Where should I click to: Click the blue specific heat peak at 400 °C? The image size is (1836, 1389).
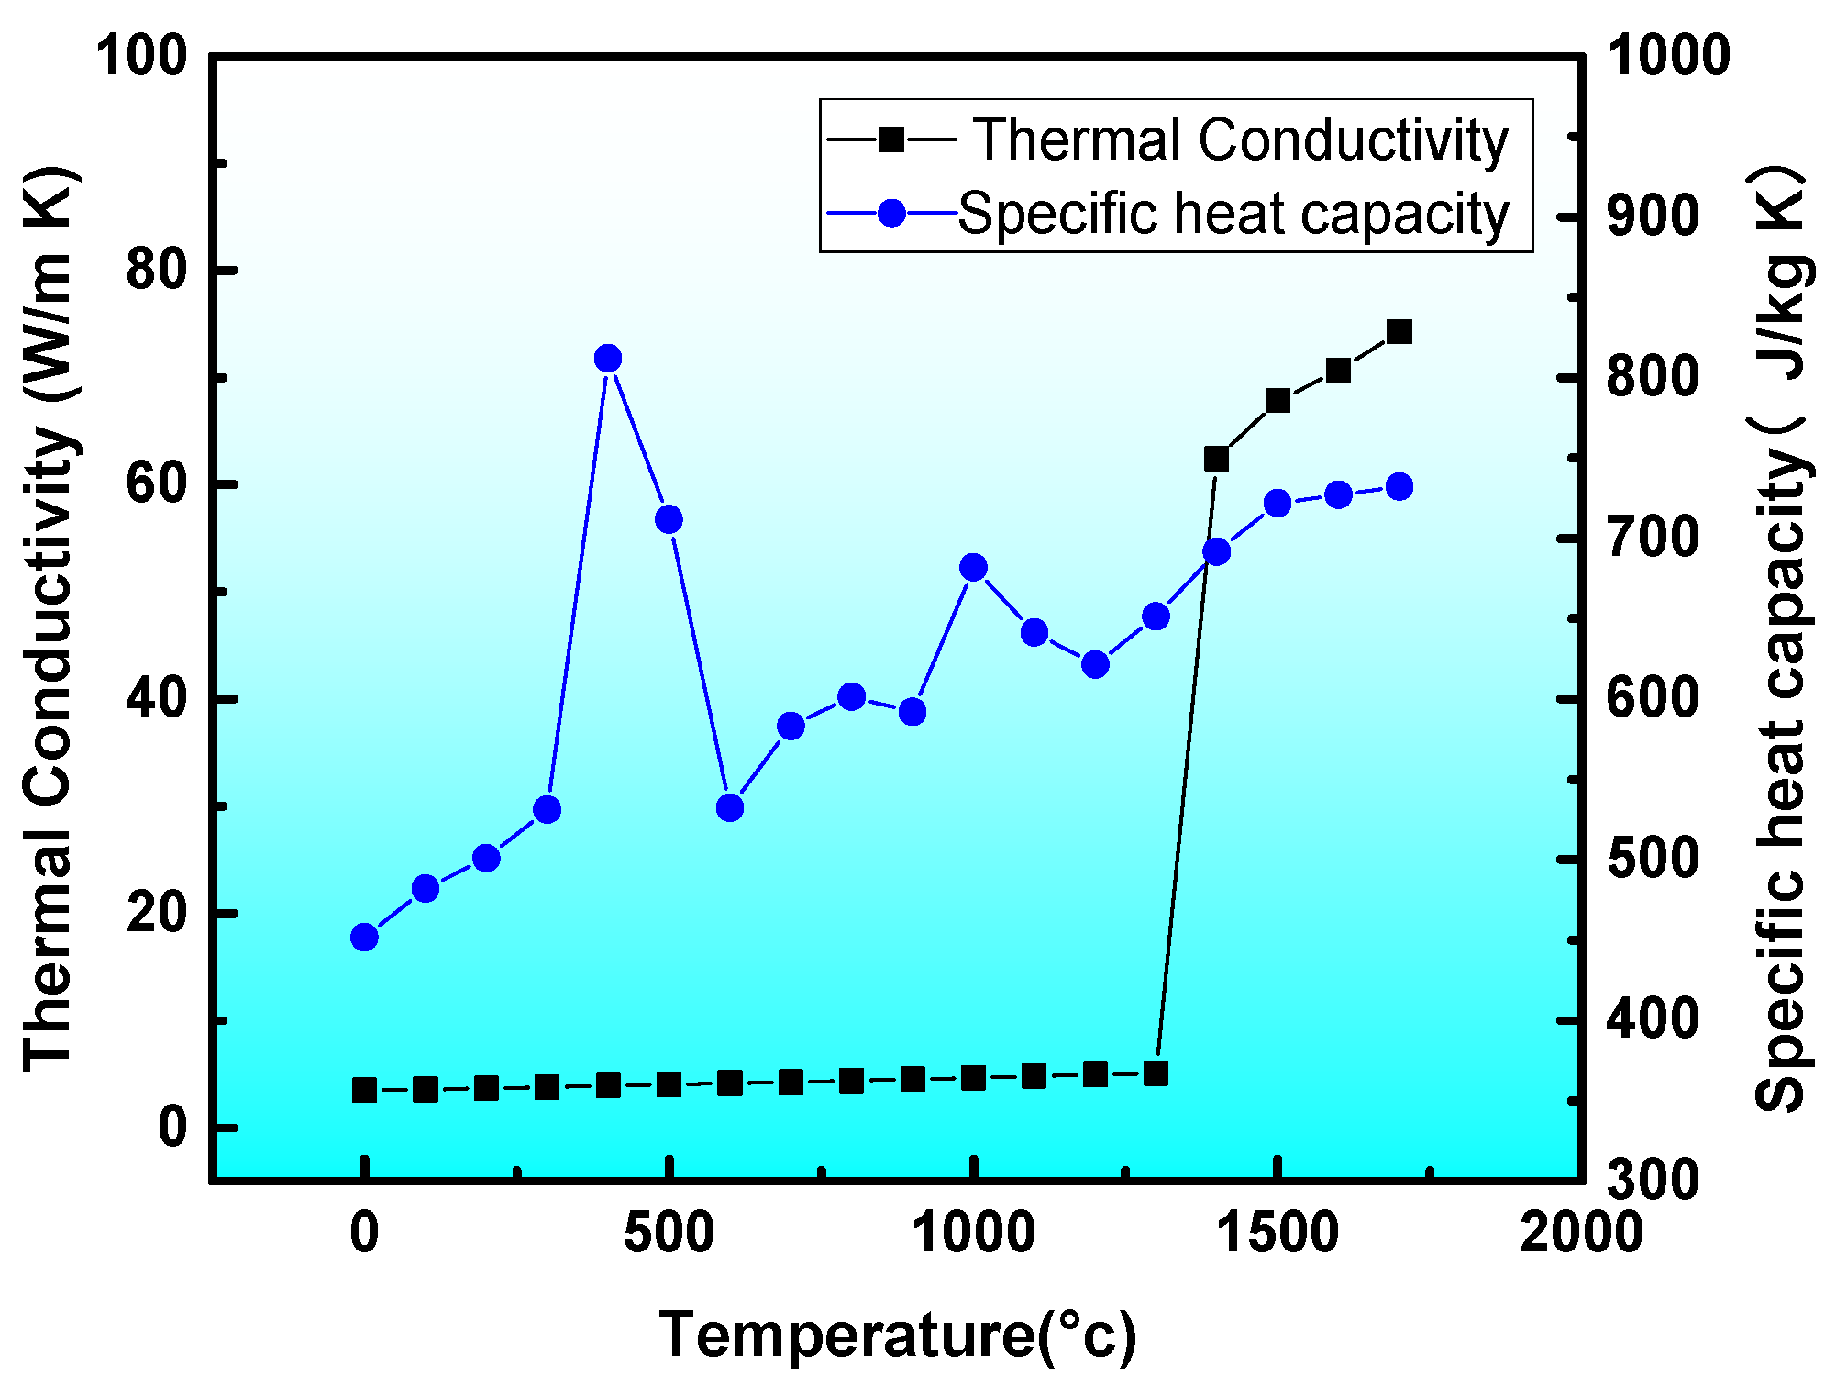click(x=608, y=359)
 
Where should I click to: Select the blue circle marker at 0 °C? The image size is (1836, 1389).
click(x=364, y=937)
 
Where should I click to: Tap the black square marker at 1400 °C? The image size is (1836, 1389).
click(x=1216, y=459)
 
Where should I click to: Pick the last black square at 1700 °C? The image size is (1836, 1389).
click(x=1399, y=332)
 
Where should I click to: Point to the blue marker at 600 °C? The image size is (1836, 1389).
click(x=730, y=807)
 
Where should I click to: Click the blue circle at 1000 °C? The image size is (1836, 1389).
click(x=973, y=568)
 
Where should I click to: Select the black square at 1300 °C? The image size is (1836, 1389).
click(x=1156, y=1073)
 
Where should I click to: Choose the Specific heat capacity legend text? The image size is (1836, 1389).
click(x=1233, y=214)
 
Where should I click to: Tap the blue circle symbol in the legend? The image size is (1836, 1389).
click(x=891, y=214)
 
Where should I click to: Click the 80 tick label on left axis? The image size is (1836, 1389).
click(x=156, y=270)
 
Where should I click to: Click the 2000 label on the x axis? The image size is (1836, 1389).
click(x=1580, y=1232)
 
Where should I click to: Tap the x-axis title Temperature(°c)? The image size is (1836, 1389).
click(x=897, y=1335)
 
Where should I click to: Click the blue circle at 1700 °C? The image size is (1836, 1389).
click(x=1399, y=487)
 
